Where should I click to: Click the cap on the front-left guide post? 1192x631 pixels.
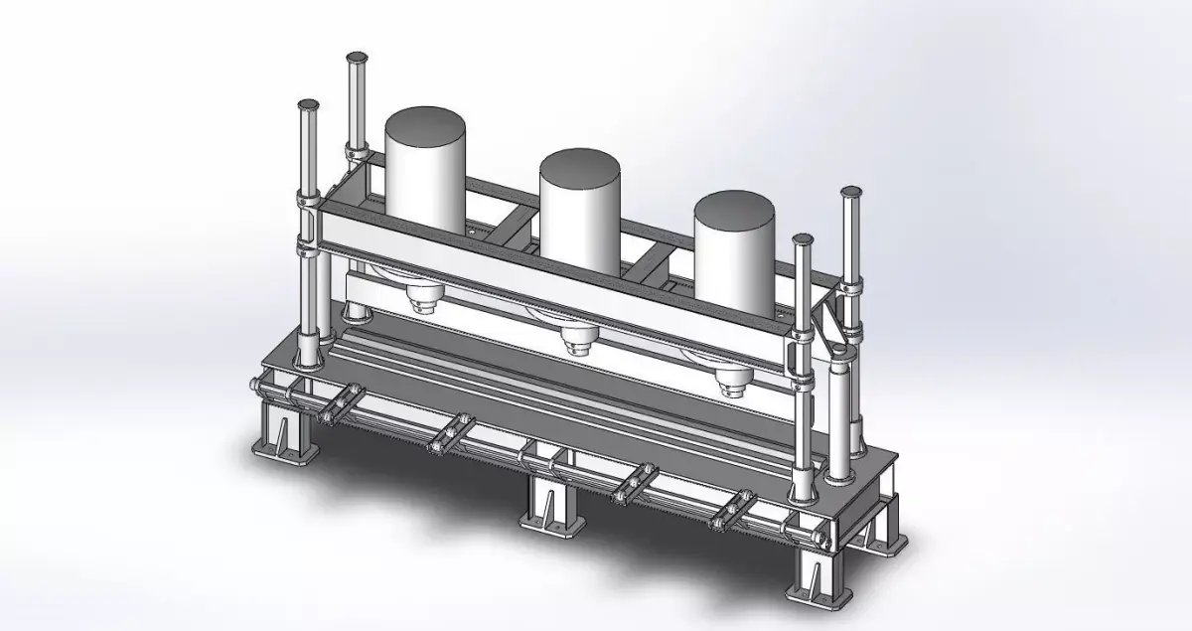(309, 104)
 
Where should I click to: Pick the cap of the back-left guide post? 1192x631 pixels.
(357, 58)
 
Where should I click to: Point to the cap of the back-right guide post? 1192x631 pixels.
(852, 191)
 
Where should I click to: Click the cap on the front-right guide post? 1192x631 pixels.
(803, 239)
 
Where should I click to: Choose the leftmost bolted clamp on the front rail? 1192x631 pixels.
(340, 406)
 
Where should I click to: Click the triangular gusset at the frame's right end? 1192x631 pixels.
(824, 318)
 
